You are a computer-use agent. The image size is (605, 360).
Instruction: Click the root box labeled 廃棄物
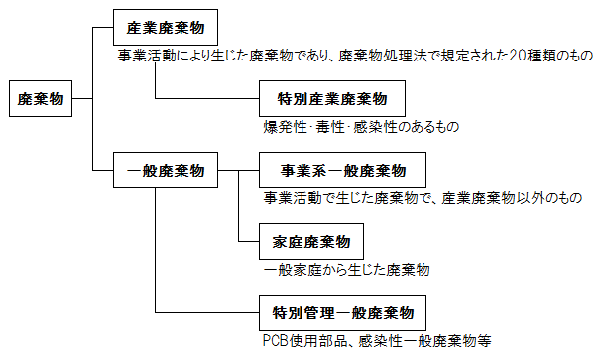41,98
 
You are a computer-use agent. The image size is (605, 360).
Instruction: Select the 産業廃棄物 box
165,26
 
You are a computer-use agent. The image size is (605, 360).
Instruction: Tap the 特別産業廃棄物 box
331,99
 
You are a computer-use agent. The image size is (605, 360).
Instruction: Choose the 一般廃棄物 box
165,170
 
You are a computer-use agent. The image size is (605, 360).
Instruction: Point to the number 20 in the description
519,56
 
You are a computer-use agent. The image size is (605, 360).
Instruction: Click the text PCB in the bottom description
276,341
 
